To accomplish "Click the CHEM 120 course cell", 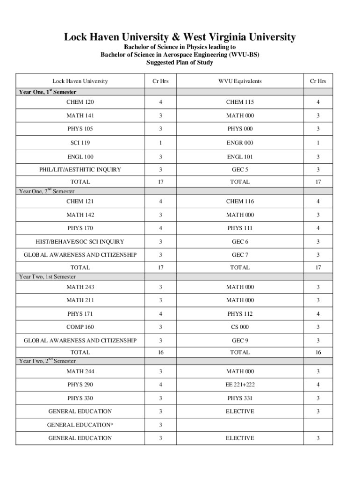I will point(80,102).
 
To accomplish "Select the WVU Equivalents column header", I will point(239,81).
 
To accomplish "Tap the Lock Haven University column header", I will point(80,81).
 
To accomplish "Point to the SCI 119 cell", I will point(80,143).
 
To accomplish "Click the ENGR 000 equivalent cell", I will point(240,143).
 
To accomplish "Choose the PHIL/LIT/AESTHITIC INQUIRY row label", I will point(80,170).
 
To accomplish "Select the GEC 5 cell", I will point(240,170).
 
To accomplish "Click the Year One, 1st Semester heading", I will point(47,92).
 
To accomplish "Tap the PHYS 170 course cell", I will point(80,228).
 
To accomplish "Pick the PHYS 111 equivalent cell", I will point(240,228).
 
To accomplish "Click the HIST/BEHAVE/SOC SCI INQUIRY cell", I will point(80,242).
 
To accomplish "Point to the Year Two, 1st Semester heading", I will point(47,277).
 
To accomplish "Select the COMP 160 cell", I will point(80,327).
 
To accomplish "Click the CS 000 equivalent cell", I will point(240,327).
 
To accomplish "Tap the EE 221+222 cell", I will point(240,385).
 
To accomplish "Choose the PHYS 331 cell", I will point(240,398).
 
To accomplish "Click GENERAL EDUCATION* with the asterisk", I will point(80,425).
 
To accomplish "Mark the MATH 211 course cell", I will point(80,300).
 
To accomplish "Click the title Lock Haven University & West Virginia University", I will point(180,37).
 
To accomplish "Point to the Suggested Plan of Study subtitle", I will point(180,63).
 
